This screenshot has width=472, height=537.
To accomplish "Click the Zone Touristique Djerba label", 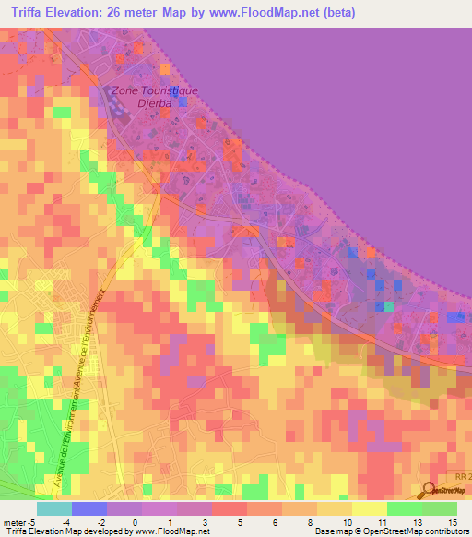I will click(x=154, y=97).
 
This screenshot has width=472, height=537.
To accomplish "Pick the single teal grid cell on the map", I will click(x=388, y=306).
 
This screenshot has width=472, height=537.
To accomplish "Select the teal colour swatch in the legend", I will click(x=54, y=508).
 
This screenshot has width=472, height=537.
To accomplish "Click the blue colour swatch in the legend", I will click(x=89, y=508).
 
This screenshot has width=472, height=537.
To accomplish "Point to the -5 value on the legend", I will click(x=31, y=522).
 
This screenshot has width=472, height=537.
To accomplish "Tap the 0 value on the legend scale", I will click(x=135, y=522).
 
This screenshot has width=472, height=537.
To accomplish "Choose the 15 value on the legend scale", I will click(x=452, y=522).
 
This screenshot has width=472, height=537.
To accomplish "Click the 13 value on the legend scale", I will click(x=416, y=522).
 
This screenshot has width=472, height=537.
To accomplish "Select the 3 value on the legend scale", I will click(x=205, y=522).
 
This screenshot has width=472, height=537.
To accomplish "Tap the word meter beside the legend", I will click(x=13, y=522).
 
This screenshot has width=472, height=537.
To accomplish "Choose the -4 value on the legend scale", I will click(x=66, y=522).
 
